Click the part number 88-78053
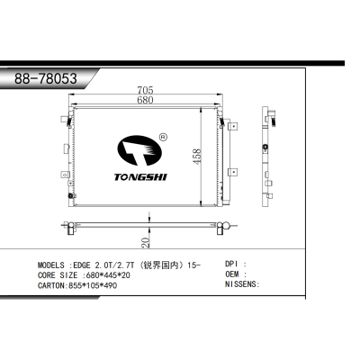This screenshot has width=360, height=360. (x=44, y=77)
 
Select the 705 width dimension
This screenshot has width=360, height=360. (x=144, y=89)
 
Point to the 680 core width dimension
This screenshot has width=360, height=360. (x=144, y=100)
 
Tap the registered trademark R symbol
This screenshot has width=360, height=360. (x=162, y=138)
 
